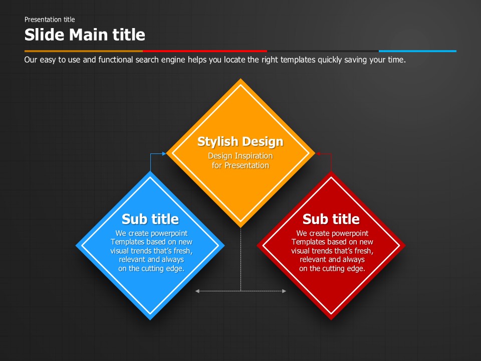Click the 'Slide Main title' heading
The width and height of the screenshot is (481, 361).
click(x=85, y=35)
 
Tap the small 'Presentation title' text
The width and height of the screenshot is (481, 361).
click(x=50, y=20)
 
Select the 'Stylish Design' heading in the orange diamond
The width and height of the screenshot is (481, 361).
click(x=240, y=141)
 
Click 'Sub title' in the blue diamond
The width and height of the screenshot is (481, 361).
click(x=150, y=219)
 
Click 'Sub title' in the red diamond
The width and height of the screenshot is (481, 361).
click(x=331, y=219)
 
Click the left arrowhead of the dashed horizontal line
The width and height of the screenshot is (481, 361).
click(x=197, y=291)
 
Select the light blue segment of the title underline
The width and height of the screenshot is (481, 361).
click(x=417, y=51)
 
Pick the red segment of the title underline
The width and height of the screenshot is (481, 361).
click(x=204, y=51)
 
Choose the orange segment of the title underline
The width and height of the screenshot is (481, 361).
click(x=83, y=51)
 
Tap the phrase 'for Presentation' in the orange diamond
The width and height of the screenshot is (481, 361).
click(x=240, y=165)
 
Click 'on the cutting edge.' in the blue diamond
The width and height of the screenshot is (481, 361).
click(x=151, y=269)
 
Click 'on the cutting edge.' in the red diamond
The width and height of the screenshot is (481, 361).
click(x=332, y=269)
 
